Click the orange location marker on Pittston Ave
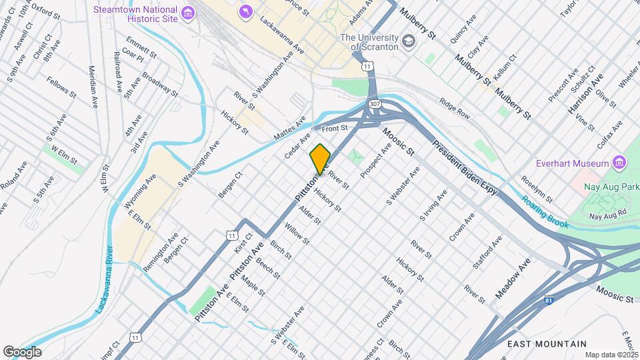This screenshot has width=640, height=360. click(x=320, y=159)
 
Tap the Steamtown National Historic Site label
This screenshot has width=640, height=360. click(x=137, y=14)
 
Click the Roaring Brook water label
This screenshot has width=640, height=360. click(x=545, y=212)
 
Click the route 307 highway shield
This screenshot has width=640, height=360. click(x=375, y=105)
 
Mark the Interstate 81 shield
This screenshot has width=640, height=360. click(x=549, y=301)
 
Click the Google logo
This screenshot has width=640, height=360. click(x=22, y=351)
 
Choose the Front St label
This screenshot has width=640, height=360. click(x=335, y=127)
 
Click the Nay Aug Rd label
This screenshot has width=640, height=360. click(x=608, y=215)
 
